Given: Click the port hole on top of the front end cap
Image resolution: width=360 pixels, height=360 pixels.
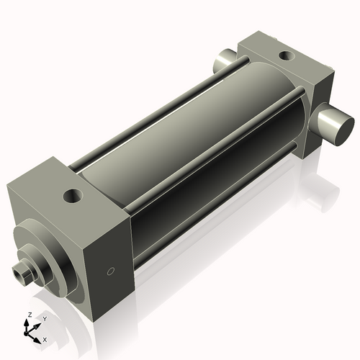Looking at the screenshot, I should [73, 194].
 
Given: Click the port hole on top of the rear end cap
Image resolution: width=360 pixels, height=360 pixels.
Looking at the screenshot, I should [286, 55].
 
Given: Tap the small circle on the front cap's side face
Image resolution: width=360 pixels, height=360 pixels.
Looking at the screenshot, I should [110, 271].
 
